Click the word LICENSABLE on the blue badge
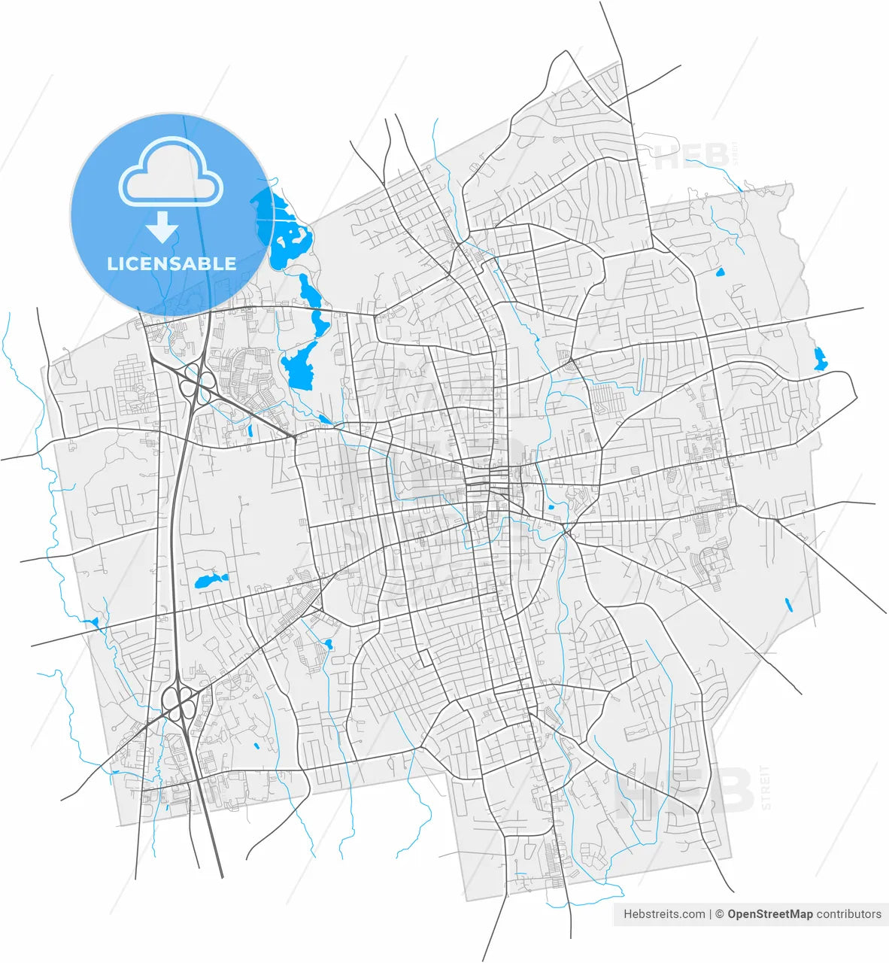tap(171, 263)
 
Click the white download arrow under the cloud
tap(162, 226)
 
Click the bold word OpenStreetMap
tap(769, 914)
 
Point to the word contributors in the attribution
tap(848, 914)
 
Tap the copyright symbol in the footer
tap(719, 914)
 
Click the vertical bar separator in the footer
tap(710, 914)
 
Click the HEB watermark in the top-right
tap(691, 157)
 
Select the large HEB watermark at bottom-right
tap(684, 793)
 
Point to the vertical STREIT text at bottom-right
tap(765, 786)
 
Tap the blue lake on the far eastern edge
tap(820, 359)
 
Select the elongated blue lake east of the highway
tap(210, 581)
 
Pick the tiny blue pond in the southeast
tap(788, 604)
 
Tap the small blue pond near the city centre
tap(551, 507)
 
